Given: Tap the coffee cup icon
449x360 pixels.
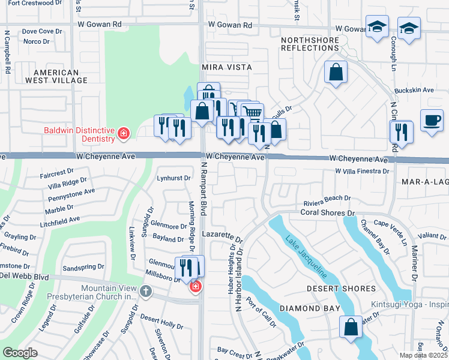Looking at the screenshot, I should click(432, 119).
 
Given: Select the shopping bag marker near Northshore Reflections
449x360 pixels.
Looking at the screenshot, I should click(336, 71).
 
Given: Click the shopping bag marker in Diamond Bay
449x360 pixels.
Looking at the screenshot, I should click(350, 327).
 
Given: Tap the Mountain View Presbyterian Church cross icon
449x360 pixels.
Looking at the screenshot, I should click(145, 292).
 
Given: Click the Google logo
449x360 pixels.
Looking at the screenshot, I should click(20, 353).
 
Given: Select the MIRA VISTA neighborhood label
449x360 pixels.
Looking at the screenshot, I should click(226, 67).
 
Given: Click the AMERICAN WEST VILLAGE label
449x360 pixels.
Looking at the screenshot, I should click(52, 76).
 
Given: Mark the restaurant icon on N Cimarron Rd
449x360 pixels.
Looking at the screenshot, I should click(401, 131).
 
